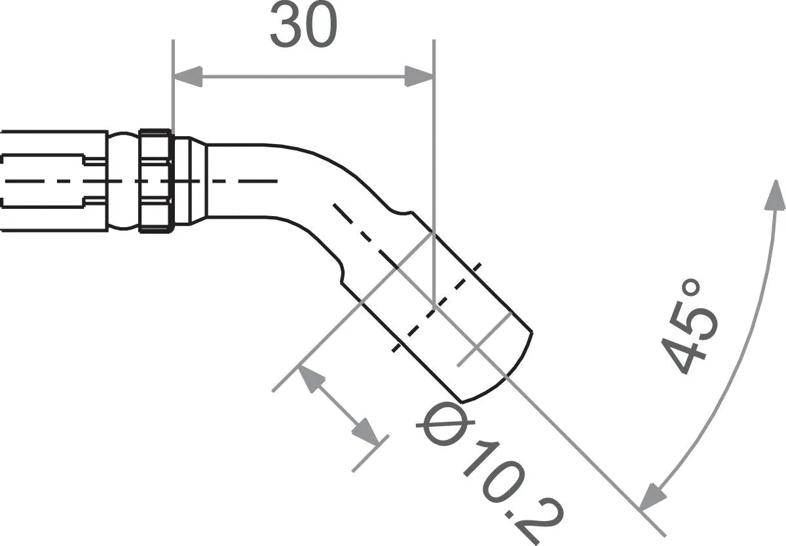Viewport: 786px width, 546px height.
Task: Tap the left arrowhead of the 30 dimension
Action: tap(187, 77)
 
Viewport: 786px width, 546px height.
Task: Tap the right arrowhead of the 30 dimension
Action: tap(419, 77)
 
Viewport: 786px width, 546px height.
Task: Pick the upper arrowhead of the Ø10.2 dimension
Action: tap(312, 379)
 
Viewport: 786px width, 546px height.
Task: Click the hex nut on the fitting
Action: tap(156, 180)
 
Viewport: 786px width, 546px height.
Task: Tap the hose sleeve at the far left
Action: tap(52, 180)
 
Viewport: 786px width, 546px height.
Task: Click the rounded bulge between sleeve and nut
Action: tap(123, 180)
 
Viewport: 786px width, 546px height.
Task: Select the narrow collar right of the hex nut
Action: tap(190, 180)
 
